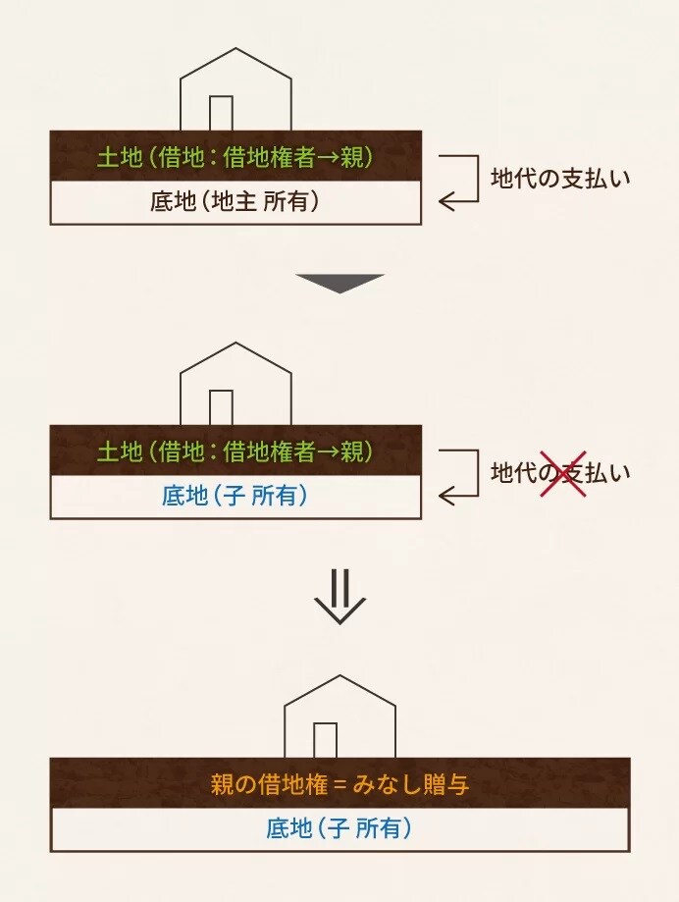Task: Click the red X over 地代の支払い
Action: [563, 473]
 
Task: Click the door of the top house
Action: [221, 113]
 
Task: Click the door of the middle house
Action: [221, 407]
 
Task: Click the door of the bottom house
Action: [325, 740]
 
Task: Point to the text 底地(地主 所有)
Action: [235, 203]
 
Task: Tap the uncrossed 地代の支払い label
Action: [560, 178]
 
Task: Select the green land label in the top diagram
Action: [235, 156]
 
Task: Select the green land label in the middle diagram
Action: [235, 451]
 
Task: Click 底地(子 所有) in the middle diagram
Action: [235, 497]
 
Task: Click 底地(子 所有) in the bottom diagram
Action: [339, 829]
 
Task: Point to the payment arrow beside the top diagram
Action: [458, 180]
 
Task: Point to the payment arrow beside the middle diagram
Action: [458, 473]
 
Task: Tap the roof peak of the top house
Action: [235, 49]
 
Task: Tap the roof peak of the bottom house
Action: [339, 676]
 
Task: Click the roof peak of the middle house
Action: [235, 344]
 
